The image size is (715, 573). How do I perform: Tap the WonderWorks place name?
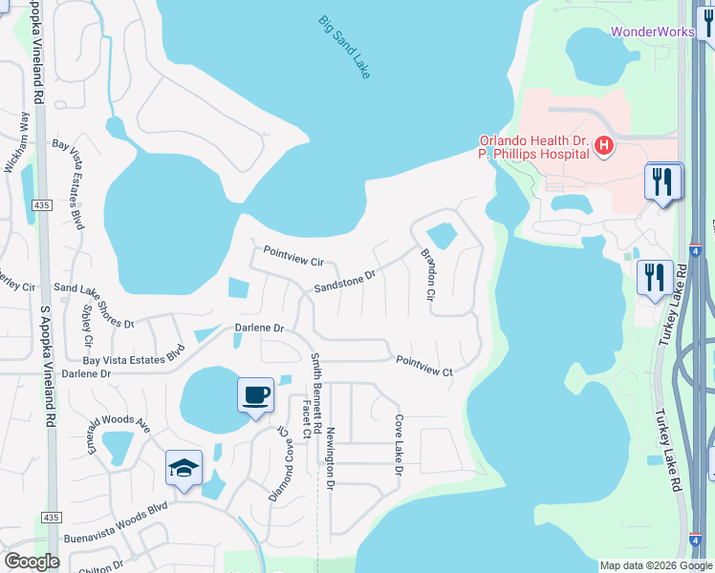coord(653,32)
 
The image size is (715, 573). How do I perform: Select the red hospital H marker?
coord(604,146)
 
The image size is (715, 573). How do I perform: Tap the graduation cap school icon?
coord(184,468)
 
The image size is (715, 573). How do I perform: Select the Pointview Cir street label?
coord(294,255)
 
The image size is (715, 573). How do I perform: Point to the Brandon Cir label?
coord(429,276)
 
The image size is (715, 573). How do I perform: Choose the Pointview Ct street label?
coord(423,364)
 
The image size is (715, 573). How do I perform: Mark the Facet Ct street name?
coord(307,419)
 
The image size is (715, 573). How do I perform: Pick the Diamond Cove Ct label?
coord(278,463)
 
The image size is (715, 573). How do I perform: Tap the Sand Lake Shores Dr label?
coord(94,304)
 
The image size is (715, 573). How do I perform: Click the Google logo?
coord(32,562)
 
